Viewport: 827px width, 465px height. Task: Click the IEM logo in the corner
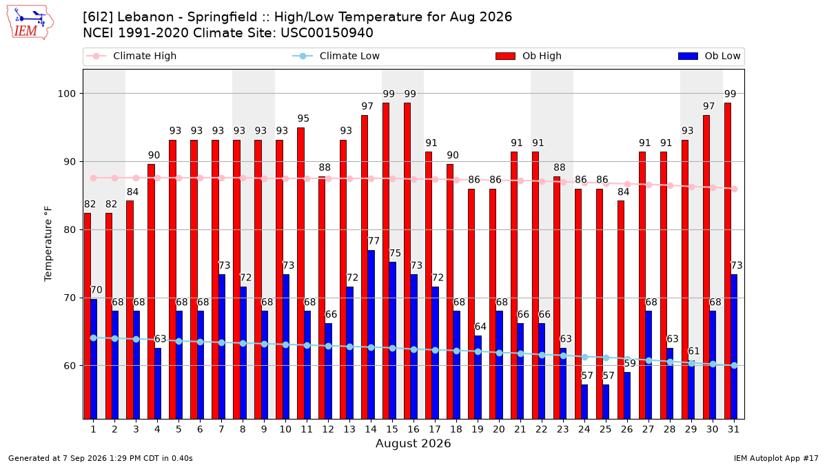tap(30, 23)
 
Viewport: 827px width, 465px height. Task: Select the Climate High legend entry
tap(132, 56)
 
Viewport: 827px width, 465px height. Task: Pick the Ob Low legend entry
tap(709, 56)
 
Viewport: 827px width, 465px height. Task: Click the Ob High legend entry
tap(529, 56)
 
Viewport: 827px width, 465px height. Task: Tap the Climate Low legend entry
tap(336, 56)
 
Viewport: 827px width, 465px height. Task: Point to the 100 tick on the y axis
tap(66, 94)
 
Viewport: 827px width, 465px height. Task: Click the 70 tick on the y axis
tap(70, 298)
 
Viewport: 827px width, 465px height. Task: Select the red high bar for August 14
tap(365, 267)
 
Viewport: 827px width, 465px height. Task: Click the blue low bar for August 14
tap(371, 335)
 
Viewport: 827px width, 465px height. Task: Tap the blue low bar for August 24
tap(584, 402)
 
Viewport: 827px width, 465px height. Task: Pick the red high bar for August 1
tap(87, 316)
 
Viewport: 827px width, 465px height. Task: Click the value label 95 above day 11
tap(303, 118)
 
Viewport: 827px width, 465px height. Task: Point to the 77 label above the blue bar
tap(374, 241)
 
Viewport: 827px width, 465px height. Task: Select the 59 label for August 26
tap(630, 364)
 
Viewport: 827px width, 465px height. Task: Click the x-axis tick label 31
tap(733, 430)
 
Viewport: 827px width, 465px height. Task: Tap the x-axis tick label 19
tap(478, 430)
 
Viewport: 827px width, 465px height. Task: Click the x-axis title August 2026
tap(413, 443)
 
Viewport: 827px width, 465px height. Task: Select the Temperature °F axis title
tap(48, 244)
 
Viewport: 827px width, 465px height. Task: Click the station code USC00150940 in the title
tap(327, 33)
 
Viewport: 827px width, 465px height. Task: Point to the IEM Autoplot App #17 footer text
tap(776, 458)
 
